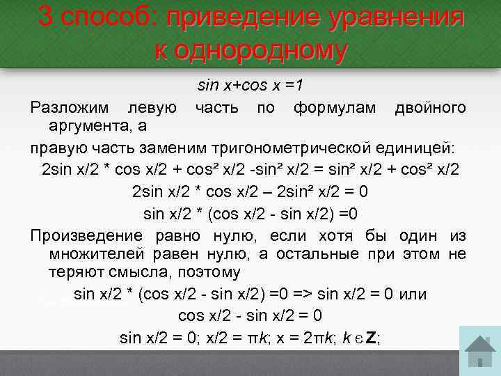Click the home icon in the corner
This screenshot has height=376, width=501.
coord(479,352)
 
